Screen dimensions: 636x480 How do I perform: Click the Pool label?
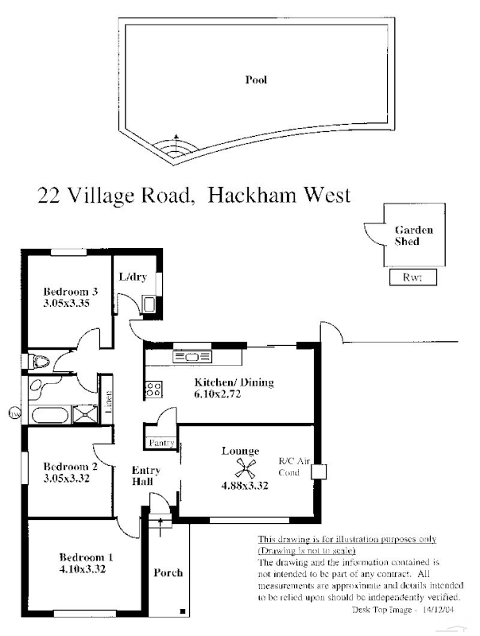pyautogui.click(x=256, y=79)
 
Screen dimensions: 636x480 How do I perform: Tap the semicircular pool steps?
pyautogui.click(x=176, y=149)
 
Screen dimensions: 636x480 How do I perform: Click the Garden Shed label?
pyautogui.click(x=414, y=235)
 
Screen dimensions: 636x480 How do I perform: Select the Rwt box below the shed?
pyautogui.click(x=413, y=277)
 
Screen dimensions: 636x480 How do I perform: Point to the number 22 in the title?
pyautogui.click(x=48, y=195)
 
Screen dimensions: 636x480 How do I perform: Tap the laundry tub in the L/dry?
pyautogui.click(x=148, y=303)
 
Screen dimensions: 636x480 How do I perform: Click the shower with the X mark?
pyautogui.click(x=81, y=413)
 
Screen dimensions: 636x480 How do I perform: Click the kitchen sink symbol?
pyautogui.click(x=191, y=357)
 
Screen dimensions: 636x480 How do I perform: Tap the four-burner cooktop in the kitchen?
pyautogui.click(x=153, y=390)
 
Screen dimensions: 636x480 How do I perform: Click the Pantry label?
pyautogui.click(x=157, y=441)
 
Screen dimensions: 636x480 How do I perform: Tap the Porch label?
pyautogui.click(x=168, y=572)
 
